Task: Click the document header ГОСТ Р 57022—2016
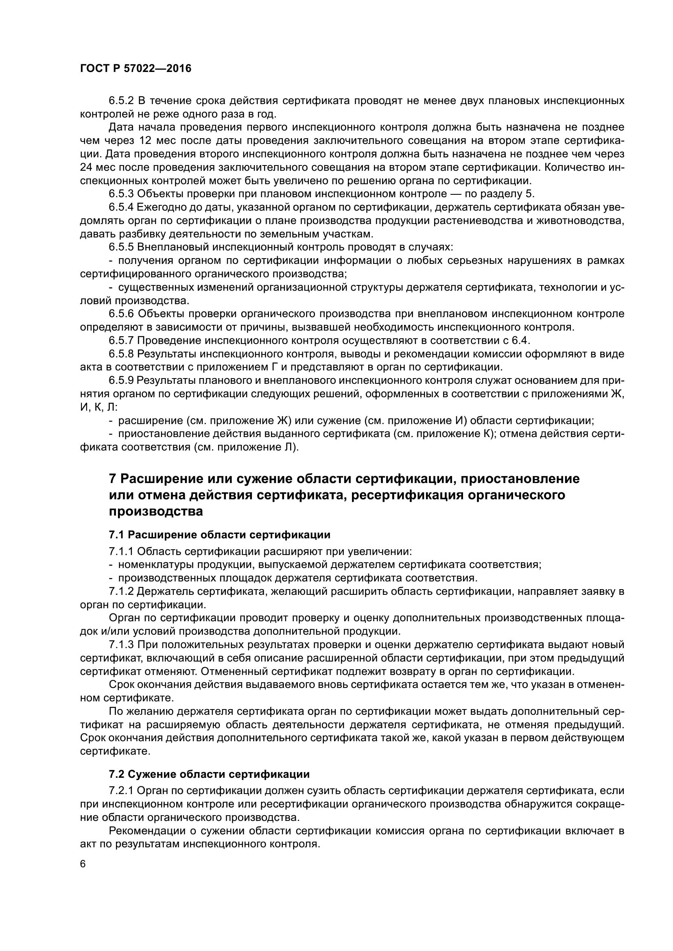(x=135, y=69)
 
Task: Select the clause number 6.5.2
(x=121, y=101)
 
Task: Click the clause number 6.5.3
(x=121, y=194)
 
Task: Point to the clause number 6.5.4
(x=121, y=207)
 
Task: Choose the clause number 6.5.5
(x=121, y=247)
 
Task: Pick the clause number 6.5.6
(x=121, y=314)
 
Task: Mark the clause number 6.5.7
(x=121, y=340)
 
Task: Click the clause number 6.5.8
(x=121, y=354)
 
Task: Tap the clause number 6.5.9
(x=121, y=381)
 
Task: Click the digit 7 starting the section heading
(x=112, y=479)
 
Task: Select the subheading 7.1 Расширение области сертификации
(x=220, y=535)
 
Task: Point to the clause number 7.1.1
(x=121, y=552)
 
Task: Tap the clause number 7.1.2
(x=121, y=592)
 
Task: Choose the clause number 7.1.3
(x=121, y=645)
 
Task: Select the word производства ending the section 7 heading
(x=156, y=512)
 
